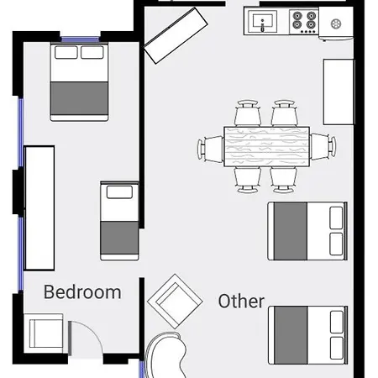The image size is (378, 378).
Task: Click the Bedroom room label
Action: [x=82, y=292]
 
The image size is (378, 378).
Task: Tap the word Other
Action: [x=241, y=302]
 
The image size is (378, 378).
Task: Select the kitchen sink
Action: [x=263, y=22]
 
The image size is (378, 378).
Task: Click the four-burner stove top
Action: [x=304, y=22]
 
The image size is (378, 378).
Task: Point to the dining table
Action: [x=267, y=146]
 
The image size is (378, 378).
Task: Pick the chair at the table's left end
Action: [x=211, y=149]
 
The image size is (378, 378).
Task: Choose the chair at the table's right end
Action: [x=323, y=146]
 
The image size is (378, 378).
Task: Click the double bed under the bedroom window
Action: [x=79, y=82]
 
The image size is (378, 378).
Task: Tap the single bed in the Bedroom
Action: [x=119, y=221]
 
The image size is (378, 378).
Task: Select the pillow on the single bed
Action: [x=119, y=192]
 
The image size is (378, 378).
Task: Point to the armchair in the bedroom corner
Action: [x=44, y=333]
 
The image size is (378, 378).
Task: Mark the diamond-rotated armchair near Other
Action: [x=175, y=302]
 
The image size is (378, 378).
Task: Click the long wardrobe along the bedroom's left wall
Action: [x=39, y=208]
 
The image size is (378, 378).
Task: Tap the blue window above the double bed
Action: [x=81, y=39]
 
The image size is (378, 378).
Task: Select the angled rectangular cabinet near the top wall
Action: [x=176, y=35]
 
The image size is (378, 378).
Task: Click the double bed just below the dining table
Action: [x=307, y=231]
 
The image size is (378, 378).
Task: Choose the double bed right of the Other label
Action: [x=308, y=335]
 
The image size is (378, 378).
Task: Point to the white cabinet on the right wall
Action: [x=339, y=92]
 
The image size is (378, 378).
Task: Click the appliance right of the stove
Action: [x=336, y=24]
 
